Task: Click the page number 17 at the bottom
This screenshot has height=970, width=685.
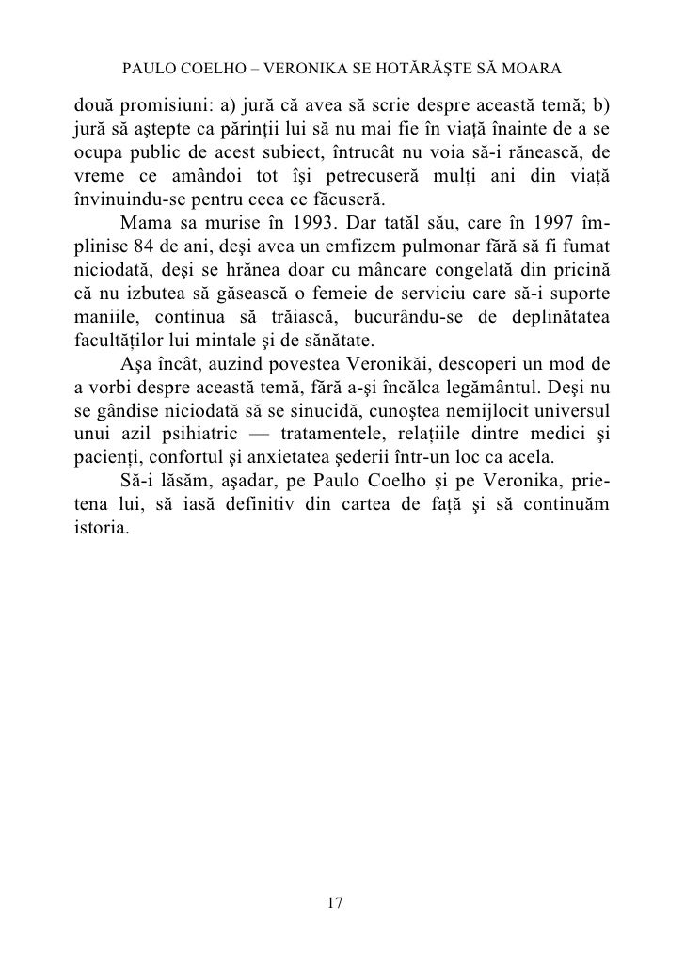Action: (x=334, y=902)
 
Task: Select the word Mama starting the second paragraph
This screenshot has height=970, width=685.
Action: (x=145, y=228)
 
